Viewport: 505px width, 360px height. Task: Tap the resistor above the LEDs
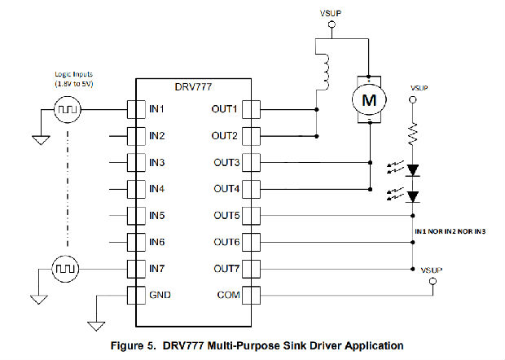(x=413, y=131)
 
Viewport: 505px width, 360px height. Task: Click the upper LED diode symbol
(x=413, y=170)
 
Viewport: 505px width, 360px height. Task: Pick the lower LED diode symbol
(x=413, y=196)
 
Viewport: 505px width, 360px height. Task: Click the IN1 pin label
(x=158, y=109)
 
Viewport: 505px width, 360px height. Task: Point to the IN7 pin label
(x=158, y=268)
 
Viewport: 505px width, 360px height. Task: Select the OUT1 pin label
(x=224, y=109)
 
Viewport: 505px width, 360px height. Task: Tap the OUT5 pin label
(x=224, y=215)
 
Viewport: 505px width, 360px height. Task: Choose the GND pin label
(x=160, y=295)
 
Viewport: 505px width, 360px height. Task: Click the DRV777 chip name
(x=192, y=86)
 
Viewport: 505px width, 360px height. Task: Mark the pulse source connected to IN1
(x=66, y=109)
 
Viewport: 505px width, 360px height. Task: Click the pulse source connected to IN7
(x=66, y=268)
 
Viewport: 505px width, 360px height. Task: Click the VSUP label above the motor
(x=331, y=12)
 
